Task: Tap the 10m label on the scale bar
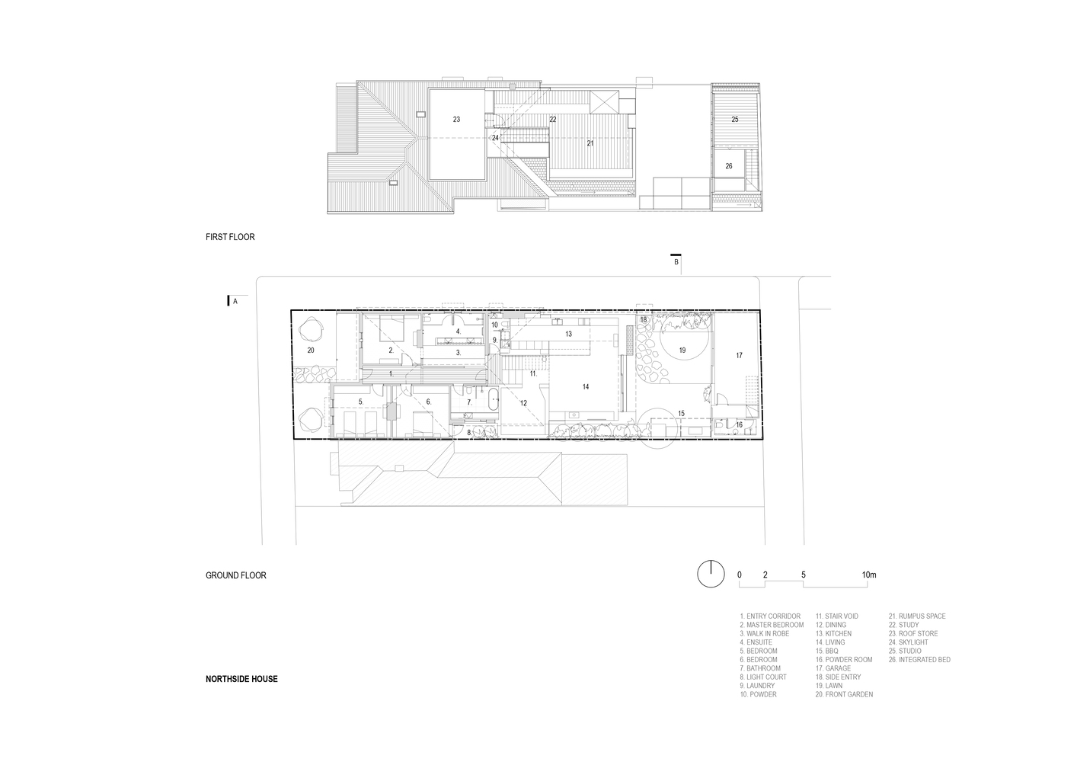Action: click(x=869, y=575)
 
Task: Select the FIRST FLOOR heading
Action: click(x=230, y=237)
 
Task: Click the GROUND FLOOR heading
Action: click(x=235, y=575)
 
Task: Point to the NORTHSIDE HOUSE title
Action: click(x=241, y=679)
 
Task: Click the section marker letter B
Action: click(x=676, y=262)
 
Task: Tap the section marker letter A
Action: click(x=235, y=302)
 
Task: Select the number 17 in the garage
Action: click(x=739, y=356)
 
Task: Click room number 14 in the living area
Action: click(x=585, y=387)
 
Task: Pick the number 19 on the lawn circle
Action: click(x=682, y=351)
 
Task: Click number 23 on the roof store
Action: click(x=456, y=120)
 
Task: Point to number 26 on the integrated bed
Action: click(x=729, y=166)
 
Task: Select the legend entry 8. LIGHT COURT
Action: click(x=763, y=677)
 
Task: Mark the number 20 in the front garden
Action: click(x=311, y=351)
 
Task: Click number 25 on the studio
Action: click(x=735, y=120)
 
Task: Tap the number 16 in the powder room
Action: click(x=739, y=424)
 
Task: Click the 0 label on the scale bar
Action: click(x=740, y=575)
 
